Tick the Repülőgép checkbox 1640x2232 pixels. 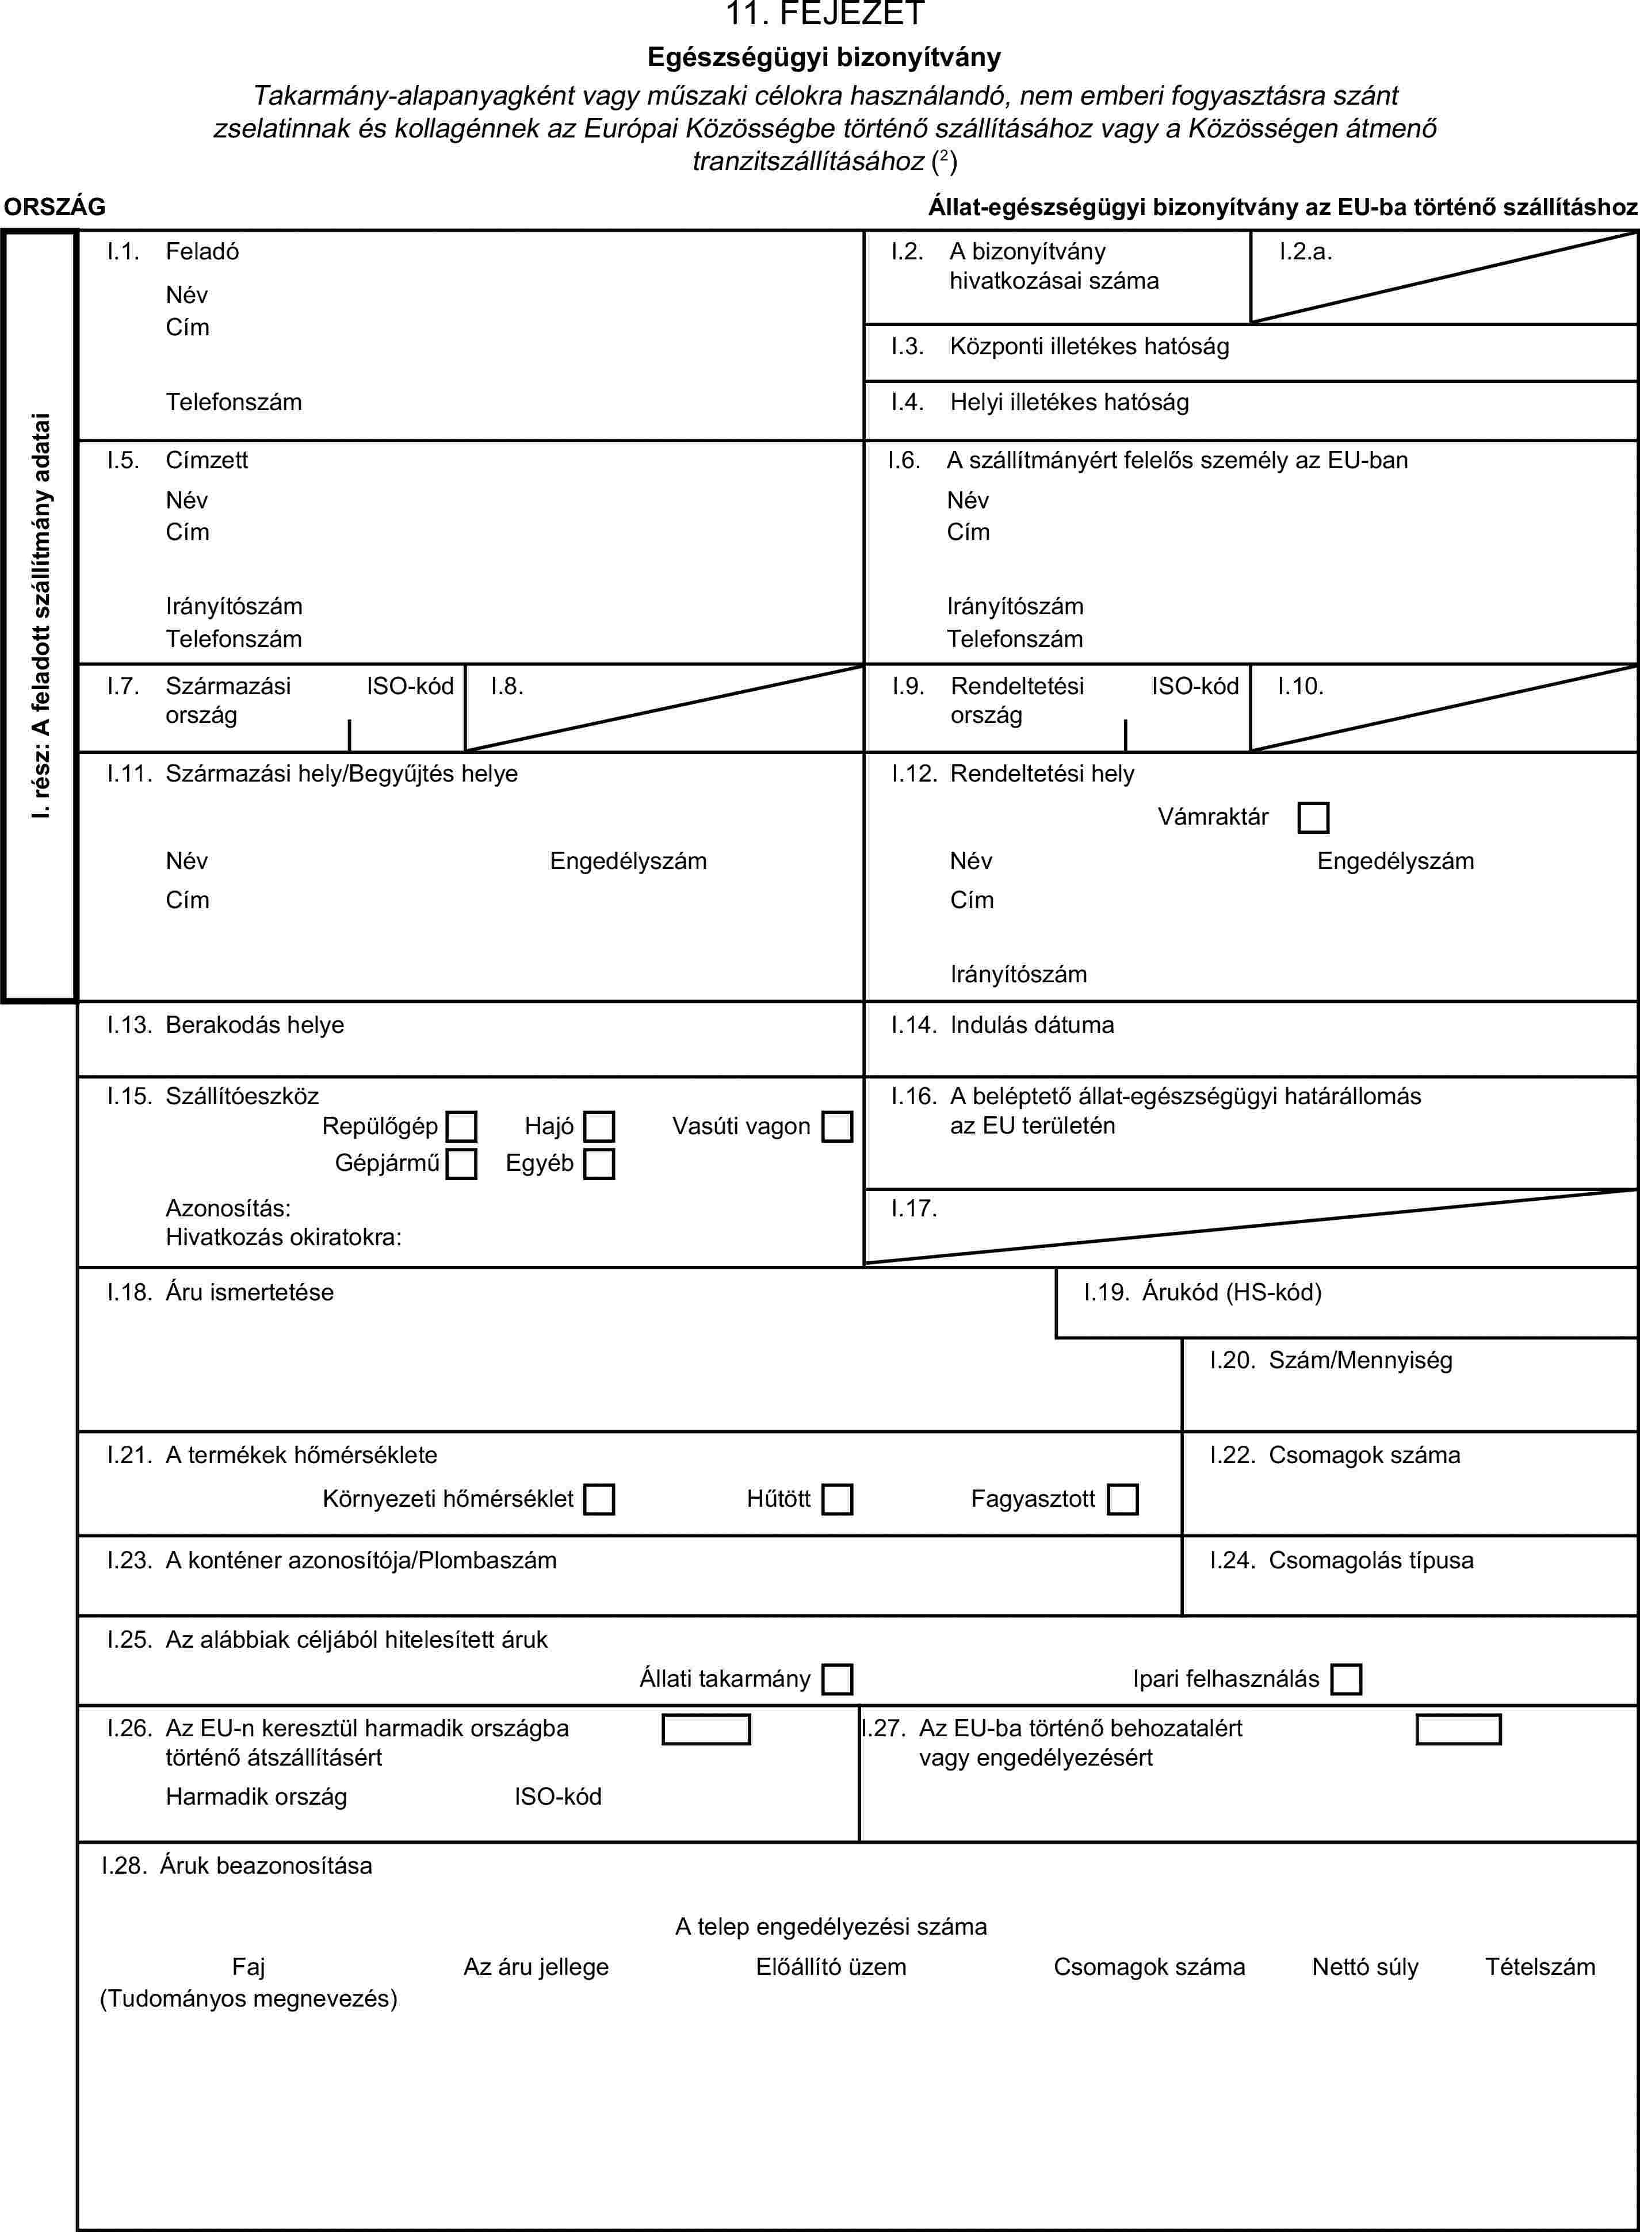pos(461,1127)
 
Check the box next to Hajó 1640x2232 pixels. pos(599,1127)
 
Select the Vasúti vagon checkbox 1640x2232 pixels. pos(837,1127)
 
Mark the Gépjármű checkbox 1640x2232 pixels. pos(461,1163)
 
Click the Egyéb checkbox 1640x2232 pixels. pos(599,1163)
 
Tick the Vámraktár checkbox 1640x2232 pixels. pos(1312,818)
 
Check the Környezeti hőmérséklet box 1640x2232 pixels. pos(599,1499)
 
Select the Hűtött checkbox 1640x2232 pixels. pos(837,1499)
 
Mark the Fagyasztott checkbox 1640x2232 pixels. pos(1123,1499)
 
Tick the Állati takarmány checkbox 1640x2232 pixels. pos(837,1679)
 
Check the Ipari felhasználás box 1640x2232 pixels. pos(1346,1679)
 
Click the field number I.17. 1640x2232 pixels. pos(914,1208)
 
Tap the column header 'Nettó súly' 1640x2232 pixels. pos(1365,1967)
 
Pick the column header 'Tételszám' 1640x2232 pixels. pos(1540,1967)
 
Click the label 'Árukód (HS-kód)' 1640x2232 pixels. pos(1231,1292)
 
